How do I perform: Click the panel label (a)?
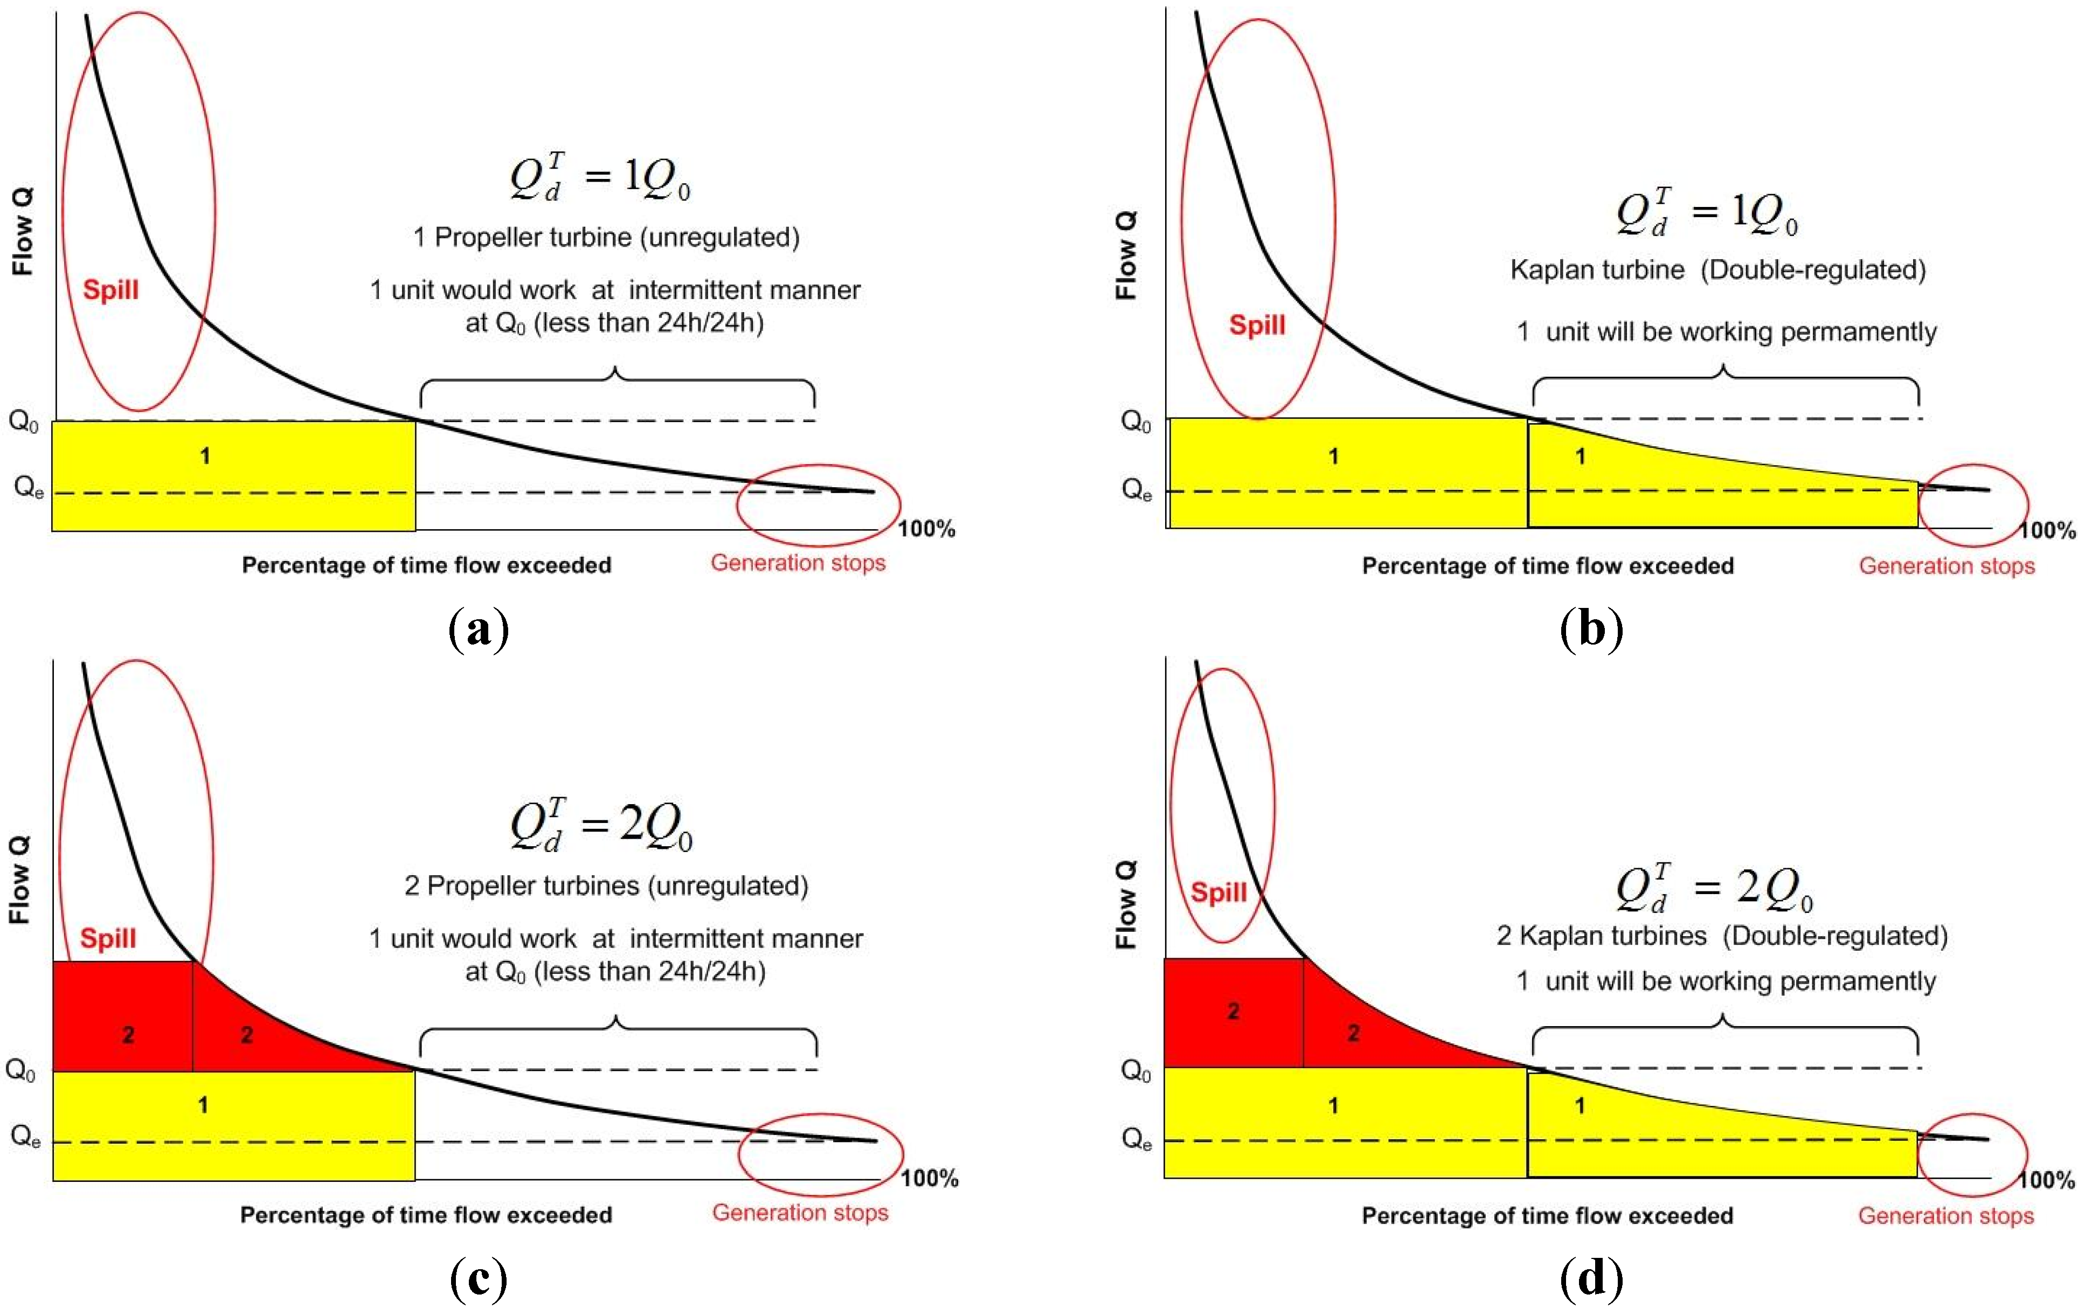pyautogui.click(x=479, y=630)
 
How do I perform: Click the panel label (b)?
pyautogui.click(x=1591, y=630)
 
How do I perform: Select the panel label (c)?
pyautogui.click(x=479, y=1279)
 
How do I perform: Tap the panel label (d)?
pyautogui.click(x=1591, y=1279)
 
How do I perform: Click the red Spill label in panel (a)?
pyautogui.click(x=110, y=290)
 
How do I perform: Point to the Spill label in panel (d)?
pyautogui.click(x=1218, y=891)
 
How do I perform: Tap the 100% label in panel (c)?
pyautogui.click(x=930, y=1179)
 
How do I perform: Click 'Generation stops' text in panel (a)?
pyautogui.click(x=798, y=563)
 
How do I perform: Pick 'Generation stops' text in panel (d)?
pyautogui.click(x=1946, y=1216)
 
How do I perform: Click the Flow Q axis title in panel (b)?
pyautogui.click(x=1126, y=255)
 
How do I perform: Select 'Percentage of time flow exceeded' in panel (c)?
pyautogui.click(x=426, y=1215)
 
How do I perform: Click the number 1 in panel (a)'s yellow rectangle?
pyautogui.click(x=205, y=455)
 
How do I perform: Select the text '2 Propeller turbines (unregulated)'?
pyautogui.click(x=607, y=886)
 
